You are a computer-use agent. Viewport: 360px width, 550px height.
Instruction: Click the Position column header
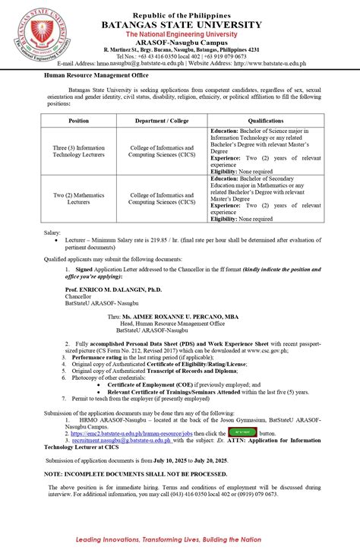coord(79,120)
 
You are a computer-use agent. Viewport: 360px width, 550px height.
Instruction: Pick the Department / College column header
coord(162,120)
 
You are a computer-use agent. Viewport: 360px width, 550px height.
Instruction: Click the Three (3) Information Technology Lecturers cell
coord(79,150)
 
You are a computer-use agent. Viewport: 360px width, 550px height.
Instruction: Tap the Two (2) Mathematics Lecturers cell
coord(79,198)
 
